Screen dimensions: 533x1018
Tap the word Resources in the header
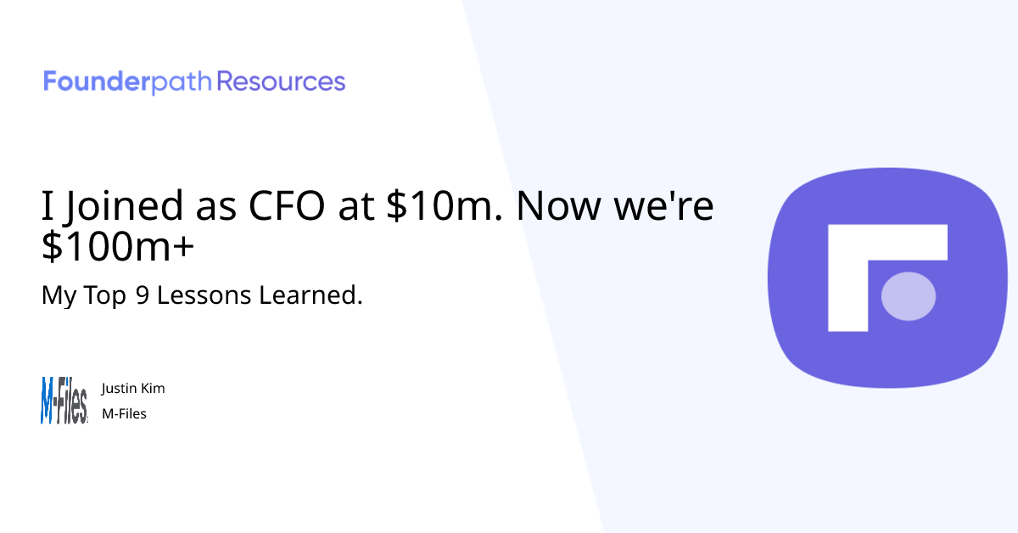282,82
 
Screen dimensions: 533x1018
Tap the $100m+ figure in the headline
117,247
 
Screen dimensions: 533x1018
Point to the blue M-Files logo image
64,401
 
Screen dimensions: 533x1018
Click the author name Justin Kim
133,389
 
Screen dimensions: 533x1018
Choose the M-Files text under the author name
124,414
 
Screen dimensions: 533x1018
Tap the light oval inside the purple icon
909,296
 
